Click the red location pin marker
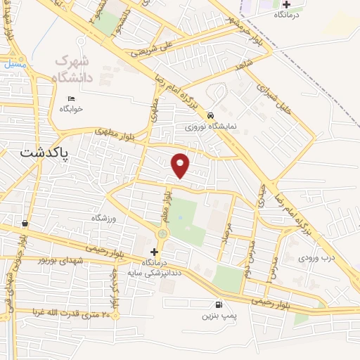pos(181,165)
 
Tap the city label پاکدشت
pos(44,153)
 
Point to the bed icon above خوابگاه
pos(70,98)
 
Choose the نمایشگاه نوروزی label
pos(210,127)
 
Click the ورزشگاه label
pos(107,219)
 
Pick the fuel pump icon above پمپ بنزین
pos(218,304)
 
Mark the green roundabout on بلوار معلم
pos(163,233)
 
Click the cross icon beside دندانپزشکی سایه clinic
pos(155,251)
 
